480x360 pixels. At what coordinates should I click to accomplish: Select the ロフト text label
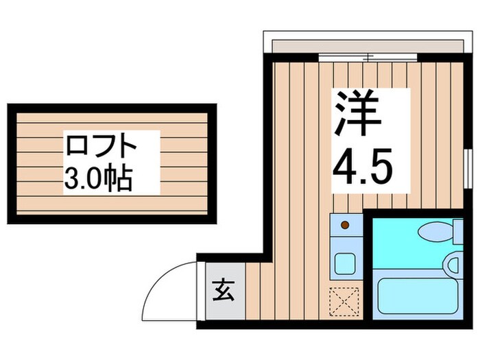click(x=102, y=147)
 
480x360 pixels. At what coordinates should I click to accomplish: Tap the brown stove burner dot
click(x=345, y=224)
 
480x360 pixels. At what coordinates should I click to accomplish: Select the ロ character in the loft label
click(x=77, y=147)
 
